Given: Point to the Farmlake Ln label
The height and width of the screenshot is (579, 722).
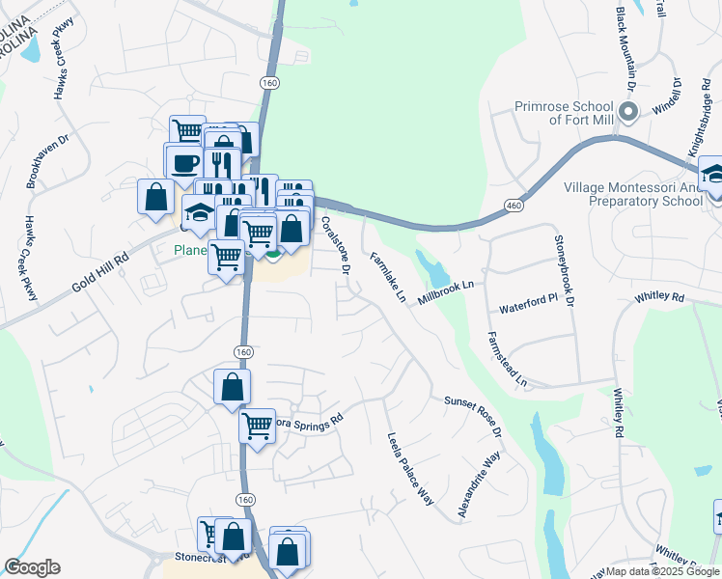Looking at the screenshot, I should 386,276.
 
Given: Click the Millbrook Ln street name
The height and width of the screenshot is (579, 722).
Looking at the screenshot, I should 447,293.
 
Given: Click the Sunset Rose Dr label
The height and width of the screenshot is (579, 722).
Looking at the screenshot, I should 473,415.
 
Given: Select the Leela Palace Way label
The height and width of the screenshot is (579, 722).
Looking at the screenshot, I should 409,469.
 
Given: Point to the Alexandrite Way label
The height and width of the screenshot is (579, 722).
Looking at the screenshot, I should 479,487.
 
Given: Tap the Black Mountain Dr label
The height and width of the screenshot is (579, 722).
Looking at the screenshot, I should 627,48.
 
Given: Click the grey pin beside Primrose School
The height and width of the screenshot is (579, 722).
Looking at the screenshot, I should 628,113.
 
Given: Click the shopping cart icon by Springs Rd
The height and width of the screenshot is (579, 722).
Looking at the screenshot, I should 256,423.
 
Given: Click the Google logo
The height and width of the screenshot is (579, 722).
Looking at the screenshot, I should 32,567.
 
